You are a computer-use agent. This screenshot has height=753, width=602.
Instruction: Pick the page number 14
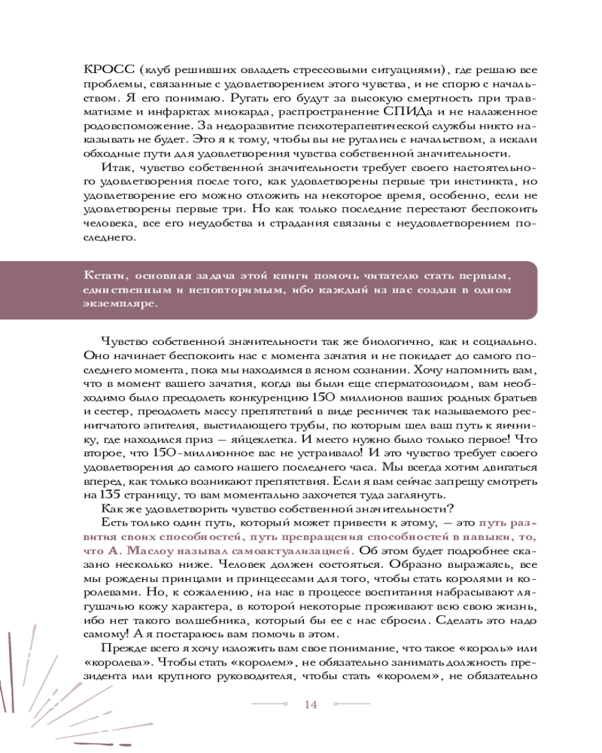(x=311, y=704)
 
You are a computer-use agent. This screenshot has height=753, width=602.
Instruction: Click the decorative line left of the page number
(x=269, y=705)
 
